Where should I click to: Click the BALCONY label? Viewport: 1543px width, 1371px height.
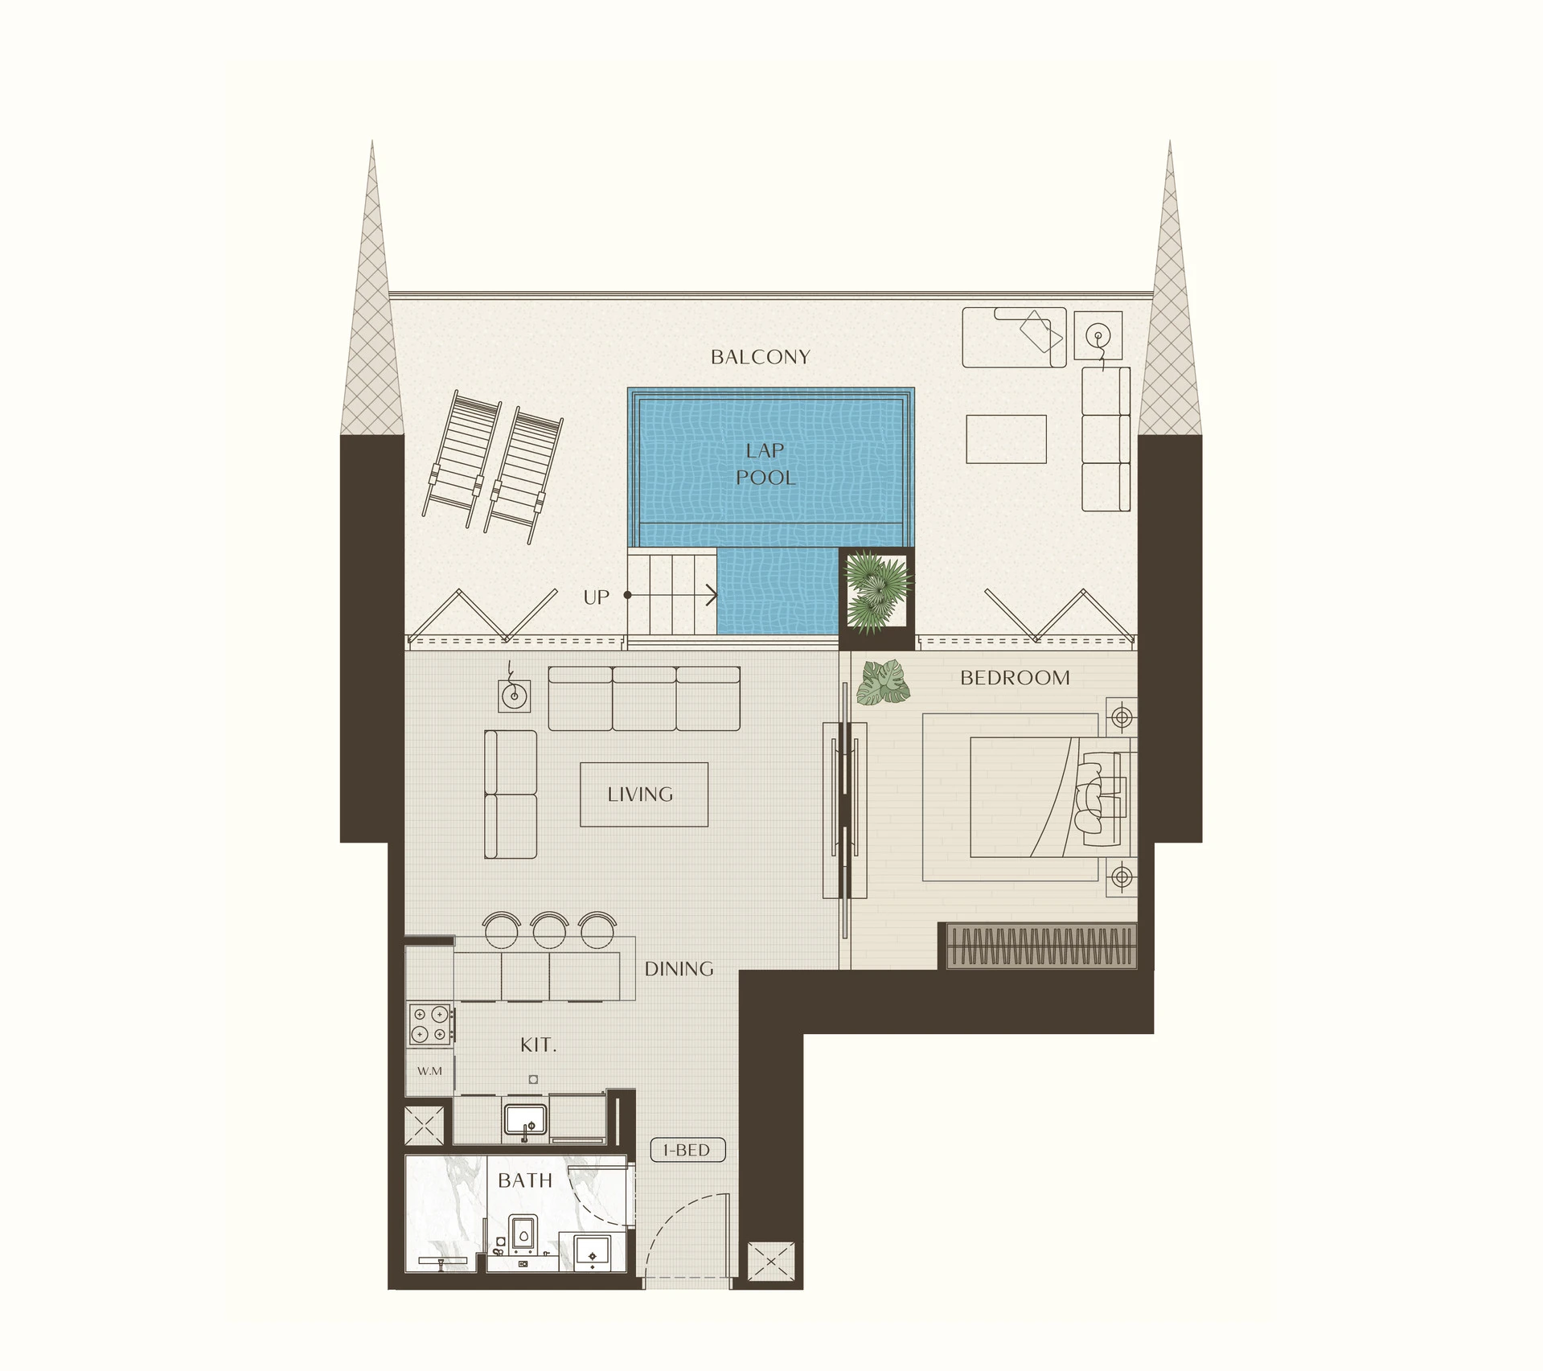(x=760, y=357)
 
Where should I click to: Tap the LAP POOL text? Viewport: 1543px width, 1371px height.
(x=765, y=464)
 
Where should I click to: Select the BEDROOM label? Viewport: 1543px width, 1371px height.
(x=1015, y=678)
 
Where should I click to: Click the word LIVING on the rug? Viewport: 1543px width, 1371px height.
(x=640, y=794)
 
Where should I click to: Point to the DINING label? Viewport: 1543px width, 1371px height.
(x=679, y=969)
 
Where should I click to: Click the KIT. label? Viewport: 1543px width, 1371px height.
(x=538, y=1045)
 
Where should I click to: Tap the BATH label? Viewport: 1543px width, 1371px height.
(x=525, y=1180)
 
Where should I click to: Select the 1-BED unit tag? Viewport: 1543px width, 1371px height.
(x=687, y=1151)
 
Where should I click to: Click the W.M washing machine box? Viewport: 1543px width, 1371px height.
(x=429, y=1071)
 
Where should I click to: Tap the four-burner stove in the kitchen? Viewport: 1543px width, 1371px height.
(x=431, y=1024)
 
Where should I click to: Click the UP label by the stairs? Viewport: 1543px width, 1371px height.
(x=596, y=597)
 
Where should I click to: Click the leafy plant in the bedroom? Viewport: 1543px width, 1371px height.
(x=884, y=683)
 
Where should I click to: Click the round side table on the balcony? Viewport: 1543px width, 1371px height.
(x=1098, y=335)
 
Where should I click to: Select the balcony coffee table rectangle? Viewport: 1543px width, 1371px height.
(x=1006, y=439)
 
